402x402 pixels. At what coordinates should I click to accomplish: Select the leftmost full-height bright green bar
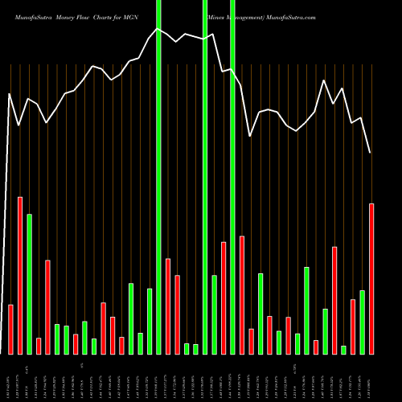tap(158, 177)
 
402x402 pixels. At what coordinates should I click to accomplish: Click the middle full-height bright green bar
tap(205, 177)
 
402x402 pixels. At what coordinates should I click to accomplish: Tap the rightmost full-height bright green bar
tap(232, 177)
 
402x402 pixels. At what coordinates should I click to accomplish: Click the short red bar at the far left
tap(11, 329)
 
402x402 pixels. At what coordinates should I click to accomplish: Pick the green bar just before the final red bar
tap(363, 322)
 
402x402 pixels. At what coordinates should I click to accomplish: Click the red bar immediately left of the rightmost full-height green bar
tap(224, 297)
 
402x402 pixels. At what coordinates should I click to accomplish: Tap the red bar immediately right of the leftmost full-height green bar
tap(168, 306)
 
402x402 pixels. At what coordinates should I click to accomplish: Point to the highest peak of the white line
tap(158, 29)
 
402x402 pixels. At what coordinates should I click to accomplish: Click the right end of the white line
tap(371, 152)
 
